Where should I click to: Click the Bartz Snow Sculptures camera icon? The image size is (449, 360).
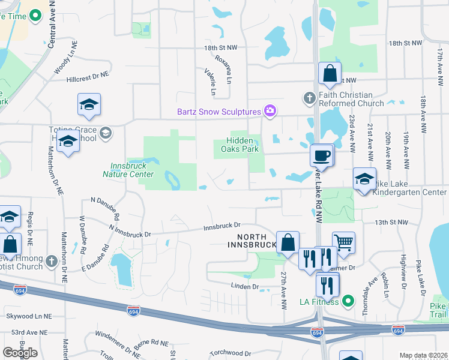click(270, 111)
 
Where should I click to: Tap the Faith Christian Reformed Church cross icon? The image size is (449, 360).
click(309, 97)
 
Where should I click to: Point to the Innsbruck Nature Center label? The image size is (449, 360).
click(133, 170)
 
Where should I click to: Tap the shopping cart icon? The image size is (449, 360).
click(343, 242)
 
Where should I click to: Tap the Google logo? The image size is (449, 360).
click(20, 352)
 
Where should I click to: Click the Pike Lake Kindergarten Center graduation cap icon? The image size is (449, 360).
click(364, 178)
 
